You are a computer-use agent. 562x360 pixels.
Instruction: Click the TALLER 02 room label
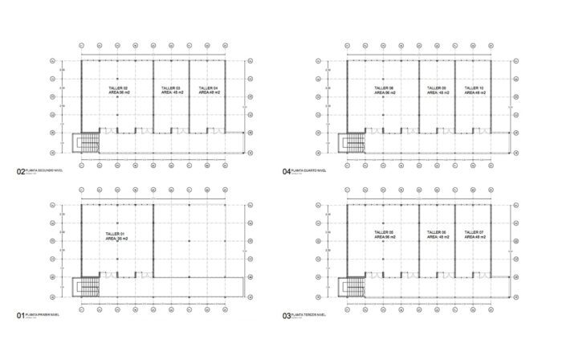point(118,88)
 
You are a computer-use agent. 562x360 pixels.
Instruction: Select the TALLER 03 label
point(171,88)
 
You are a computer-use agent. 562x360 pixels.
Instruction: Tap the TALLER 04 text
point(207,88)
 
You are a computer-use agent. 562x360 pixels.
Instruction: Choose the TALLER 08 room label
point(384,88)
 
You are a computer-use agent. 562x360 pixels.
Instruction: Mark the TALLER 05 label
point(384,233)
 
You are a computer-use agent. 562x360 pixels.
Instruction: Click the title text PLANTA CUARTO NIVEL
point(310,171)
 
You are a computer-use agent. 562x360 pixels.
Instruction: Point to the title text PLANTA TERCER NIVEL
point(310,315)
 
